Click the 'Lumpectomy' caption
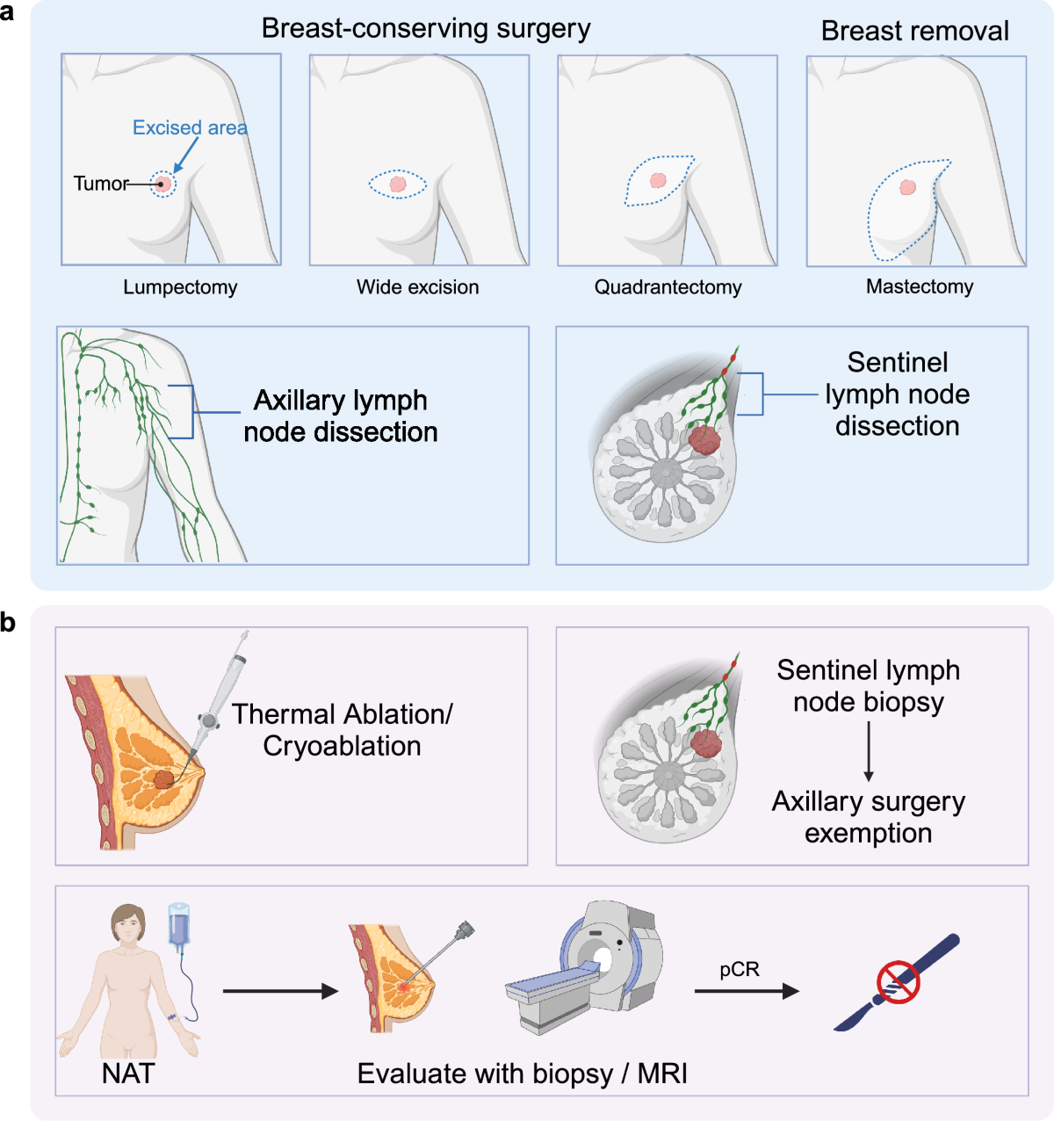coord(180,287)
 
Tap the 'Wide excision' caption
coord(418,287)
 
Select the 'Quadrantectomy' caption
coord(668,287)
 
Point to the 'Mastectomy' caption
coord(920,286)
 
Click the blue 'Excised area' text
coord(190,128)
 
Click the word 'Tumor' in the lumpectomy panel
coord(100,184)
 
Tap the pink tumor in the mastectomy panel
coord(907,187)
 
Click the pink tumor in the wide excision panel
coord(397,184)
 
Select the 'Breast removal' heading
coord(914,32)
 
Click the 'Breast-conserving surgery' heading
coord(426,29)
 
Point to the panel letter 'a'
coord(8,13)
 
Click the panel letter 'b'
coord(8,622)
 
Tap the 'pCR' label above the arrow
coord(740,970)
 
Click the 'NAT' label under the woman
coord(128,1074)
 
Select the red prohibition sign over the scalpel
coord(898,980)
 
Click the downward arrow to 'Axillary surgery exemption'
coord(869,750)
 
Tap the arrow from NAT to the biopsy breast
coord(280,992)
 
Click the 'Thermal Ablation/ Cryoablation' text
coord(342,730)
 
